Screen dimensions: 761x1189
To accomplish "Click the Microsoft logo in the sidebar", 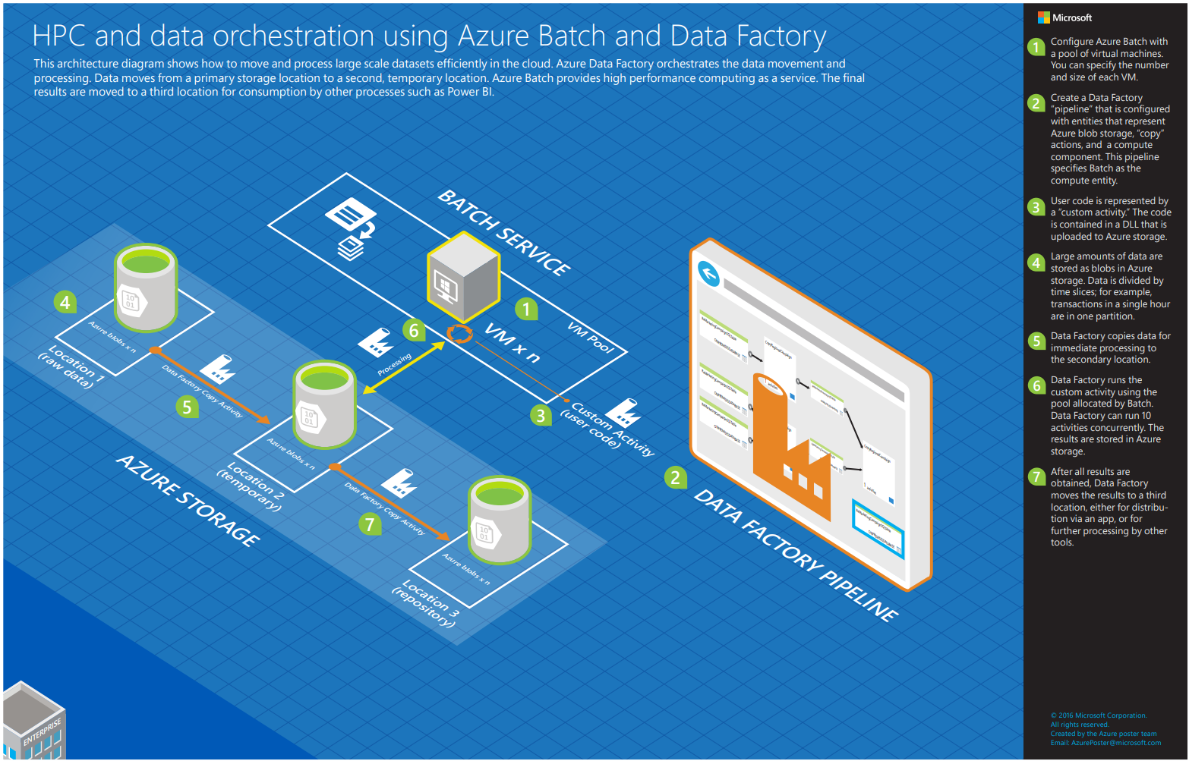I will (x=1044, y=17).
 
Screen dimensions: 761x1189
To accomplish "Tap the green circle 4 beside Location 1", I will (x=65, y=303).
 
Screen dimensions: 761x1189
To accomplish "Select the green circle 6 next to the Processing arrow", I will (x=414, y=330).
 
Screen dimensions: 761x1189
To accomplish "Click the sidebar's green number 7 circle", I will (x=1036, y=476).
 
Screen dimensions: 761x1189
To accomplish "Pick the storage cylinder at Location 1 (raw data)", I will (x=145, y=288).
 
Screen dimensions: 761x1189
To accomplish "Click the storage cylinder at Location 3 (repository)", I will (x=500, y=520).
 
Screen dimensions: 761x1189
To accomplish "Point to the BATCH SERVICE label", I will (x=504, y=232).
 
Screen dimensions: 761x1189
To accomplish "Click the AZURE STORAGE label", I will (x=188, y=501).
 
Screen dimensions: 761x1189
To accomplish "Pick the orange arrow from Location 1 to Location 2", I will (x=212, y=387).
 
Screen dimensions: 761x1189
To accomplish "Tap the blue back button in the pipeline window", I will (x=708, y=273).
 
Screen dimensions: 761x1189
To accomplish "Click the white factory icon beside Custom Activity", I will (x=623, y=414).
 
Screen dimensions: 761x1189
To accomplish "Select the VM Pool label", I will (x=590, y=337).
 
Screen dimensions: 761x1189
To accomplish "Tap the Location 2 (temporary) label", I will (x=251, y=486).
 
